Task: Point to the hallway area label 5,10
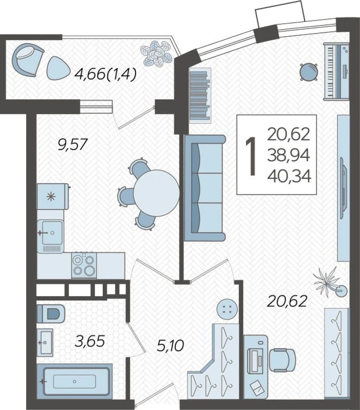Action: tap(170, 346)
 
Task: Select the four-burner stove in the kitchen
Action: tap(84, 265)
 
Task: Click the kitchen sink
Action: tap(50, 232)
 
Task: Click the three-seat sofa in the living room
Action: tap(204, 188)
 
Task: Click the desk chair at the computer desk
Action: tap(284, 358)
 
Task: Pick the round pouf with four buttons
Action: tap(227, 308)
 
